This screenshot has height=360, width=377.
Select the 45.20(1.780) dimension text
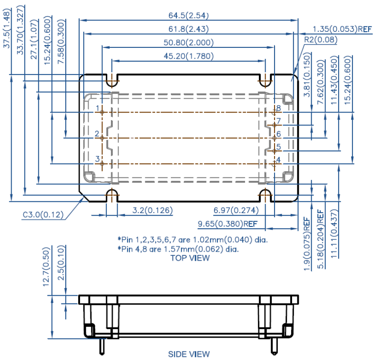(x=189, y=56)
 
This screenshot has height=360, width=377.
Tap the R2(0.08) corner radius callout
(x=320, y=40)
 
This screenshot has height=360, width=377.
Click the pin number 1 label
(x=97, y=108)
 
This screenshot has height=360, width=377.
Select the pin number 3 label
(x=97, y=159)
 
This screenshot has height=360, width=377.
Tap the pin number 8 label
(x=278, y=108)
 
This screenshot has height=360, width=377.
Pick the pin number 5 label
(x=278, y=147)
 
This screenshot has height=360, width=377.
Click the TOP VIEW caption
(x=190, y=258)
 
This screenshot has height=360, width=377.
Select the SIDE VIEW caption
(x=189, y=354)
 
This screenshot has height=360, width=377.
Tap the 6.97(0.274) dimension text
(x=233, y=210)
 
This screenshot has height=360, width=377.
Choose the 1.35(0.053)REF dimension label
(x=342, y=29)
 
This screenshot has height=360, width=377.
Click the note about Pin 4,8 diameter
(x=178, y=249)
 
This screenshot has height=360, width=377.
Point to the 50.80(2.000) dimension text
(x=189, y=43)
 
